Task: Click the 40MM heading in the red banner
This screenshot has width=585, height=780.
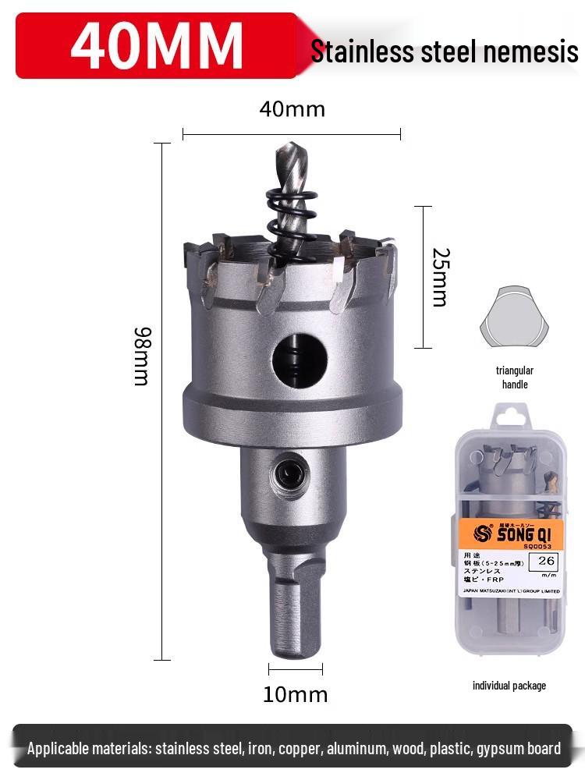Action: pos(157,46)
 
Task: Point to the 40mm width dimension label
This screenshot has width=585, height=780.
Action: pos(292,109)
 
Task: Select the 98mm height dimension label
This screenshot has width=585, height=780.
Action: pos(141,356)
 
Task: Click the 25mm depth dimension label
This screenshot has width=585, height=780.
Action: pos(440,277)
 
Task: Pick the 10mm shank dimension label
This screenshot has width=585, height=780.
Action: pos(295,694)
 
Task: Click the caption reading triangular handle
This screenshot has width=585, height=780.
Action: pos(515,378)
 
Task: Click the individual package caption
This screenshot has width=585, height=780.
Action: pos(509,686)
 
